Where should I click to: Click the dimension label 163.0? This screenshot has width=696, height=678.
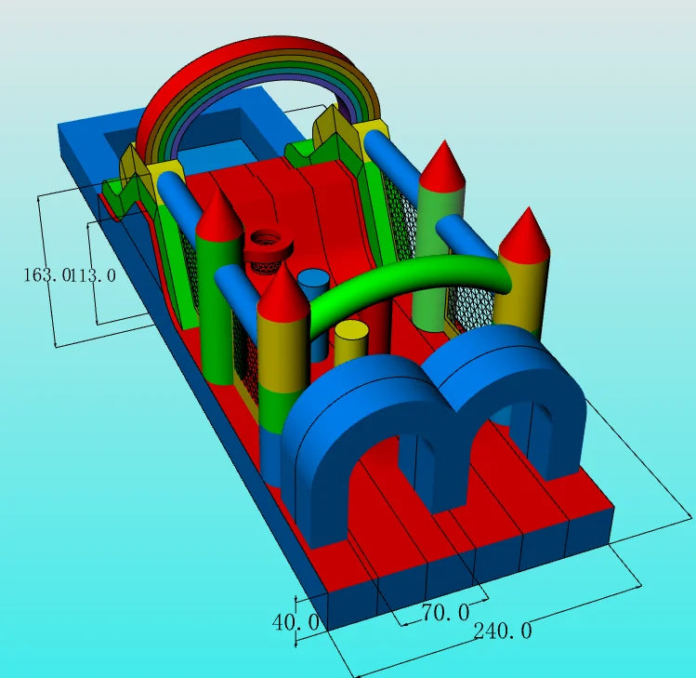pos(47,274)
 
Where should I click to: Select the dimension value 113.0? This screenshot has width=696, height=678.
pos(93,275)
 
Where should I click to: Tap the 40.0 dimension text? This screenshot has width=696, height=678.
pos(295,622)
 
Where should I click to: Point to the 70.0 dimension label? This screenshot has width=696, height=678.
pos(445,613)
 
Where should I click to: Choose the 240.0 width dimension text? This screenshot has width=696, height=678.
pos(503,631)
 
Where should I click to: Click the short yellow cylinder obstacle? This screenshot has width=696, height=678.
pos(350,343)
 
